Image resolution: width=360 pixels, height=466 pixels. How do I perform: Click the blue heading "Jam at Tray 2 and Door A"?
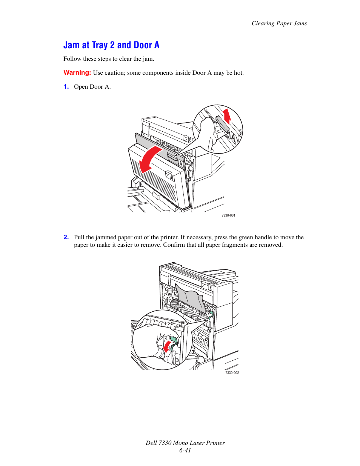pyautogui.click(x=111, y=45)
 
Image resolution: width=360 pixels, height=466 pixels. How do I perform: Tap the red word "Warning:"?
pyautogui.click(x=77, y=72)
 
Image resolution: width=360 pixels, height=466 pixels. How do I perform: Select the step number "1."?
pyautogui.click(x=66, y=87)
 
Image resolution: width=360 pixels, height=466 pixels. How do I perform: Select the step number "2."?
pyautogui.click(x=66, y=237)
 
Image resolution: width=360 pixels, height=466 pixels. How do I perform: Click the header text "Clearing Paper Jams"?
pyautogui.click(x=279, y=23)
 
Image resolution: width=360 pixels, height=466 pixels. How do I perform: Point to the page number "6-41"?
pyautogui.click(x=185, y=451)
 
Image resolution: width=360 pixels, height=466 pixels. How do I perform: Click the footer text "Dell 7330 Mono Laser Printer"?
pyautogui.click(x=185, y=443)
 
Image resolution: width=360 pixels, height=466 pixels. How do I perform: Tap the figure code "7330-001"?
pyautogui.click(x=228, y=215)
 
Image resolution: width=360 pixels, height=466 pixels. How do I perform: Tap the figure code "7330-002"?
pyautogui.click(x=232, y=373)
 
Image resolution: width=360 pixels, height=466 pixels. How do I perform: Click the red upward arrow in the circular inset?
pyautogui.click(x=227, y=115)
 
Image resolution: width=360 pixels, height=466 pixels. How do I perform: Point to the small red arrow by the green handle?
pyautogui.click(x=166, y=346)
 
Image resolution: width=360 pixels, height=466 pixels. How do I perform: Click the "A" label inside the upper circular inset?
pyautogui.click(x=233, y=138)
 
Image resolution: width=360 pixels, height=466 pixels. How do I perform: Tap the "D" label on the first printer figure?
pyautogui.click(x=172, y=177)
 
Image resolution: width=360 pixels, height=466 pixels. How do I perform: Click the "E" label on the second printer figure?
pyautogui.click(x=211, y=288)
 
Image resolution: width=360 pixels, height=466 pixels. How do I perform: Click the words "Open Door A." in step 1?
pyautogui.click(x=92, y=87)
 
